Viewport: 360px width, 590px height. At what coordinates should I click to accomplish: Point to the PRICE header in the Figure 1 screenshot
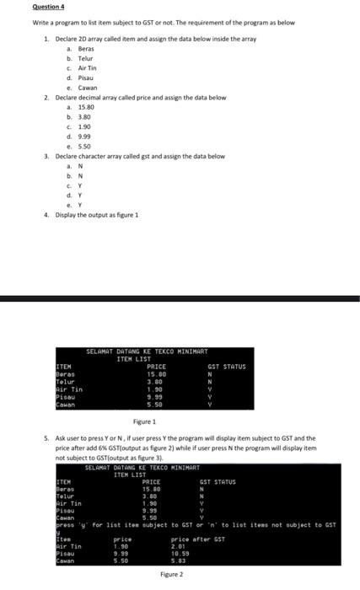156,367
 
